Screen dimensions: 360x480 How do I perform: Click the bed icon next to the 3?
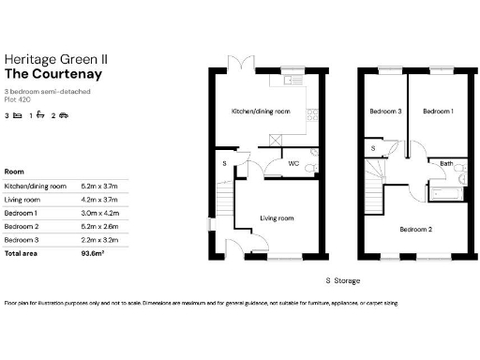(x=18, y=116)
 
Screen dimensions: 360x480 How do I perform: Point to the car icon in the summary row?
(x=65, y=116)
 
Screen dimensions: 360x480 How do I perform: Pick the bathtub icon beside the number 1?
(x=41, y=116)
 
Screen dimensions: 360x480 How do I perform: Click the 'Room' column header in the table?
(x=14, y=172)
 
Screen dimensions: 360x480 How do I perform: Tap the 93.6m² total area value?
(x=95, y=253)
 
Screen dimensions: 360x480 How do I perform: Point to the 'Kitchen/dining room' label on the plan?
(x=261, y=112)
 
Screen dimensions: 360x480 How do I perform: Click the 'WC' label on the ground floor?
(x=294, y=163)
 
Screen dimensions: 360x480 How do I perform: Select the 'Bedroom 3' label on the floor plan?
(x=384, y=112)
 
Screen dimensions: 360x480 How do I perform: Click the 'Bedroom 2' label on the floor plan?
(x=414, y=230)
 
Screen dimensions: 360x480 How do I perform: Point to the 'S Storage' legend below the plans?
(x=342, y=279)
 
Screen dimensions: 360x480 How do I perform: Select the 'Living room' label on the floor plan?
(x=277, y=218)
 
